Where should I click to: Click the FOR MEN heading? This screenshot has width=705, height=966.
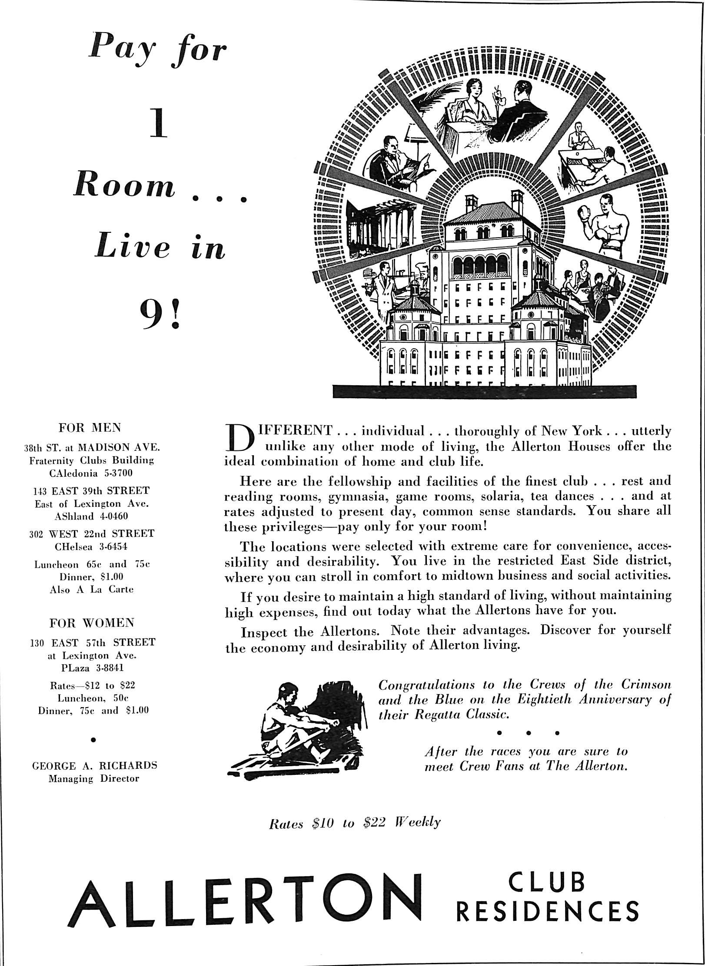(x=90, y=428)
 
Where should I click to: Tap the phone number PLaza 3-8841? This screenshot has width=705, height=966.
(x=92, y=667)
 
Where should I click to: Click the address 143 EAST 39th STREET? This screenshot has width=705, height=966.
(x=91, y=491)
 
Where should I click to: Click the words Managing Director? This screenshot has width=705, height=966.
(x=94, y=778)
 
